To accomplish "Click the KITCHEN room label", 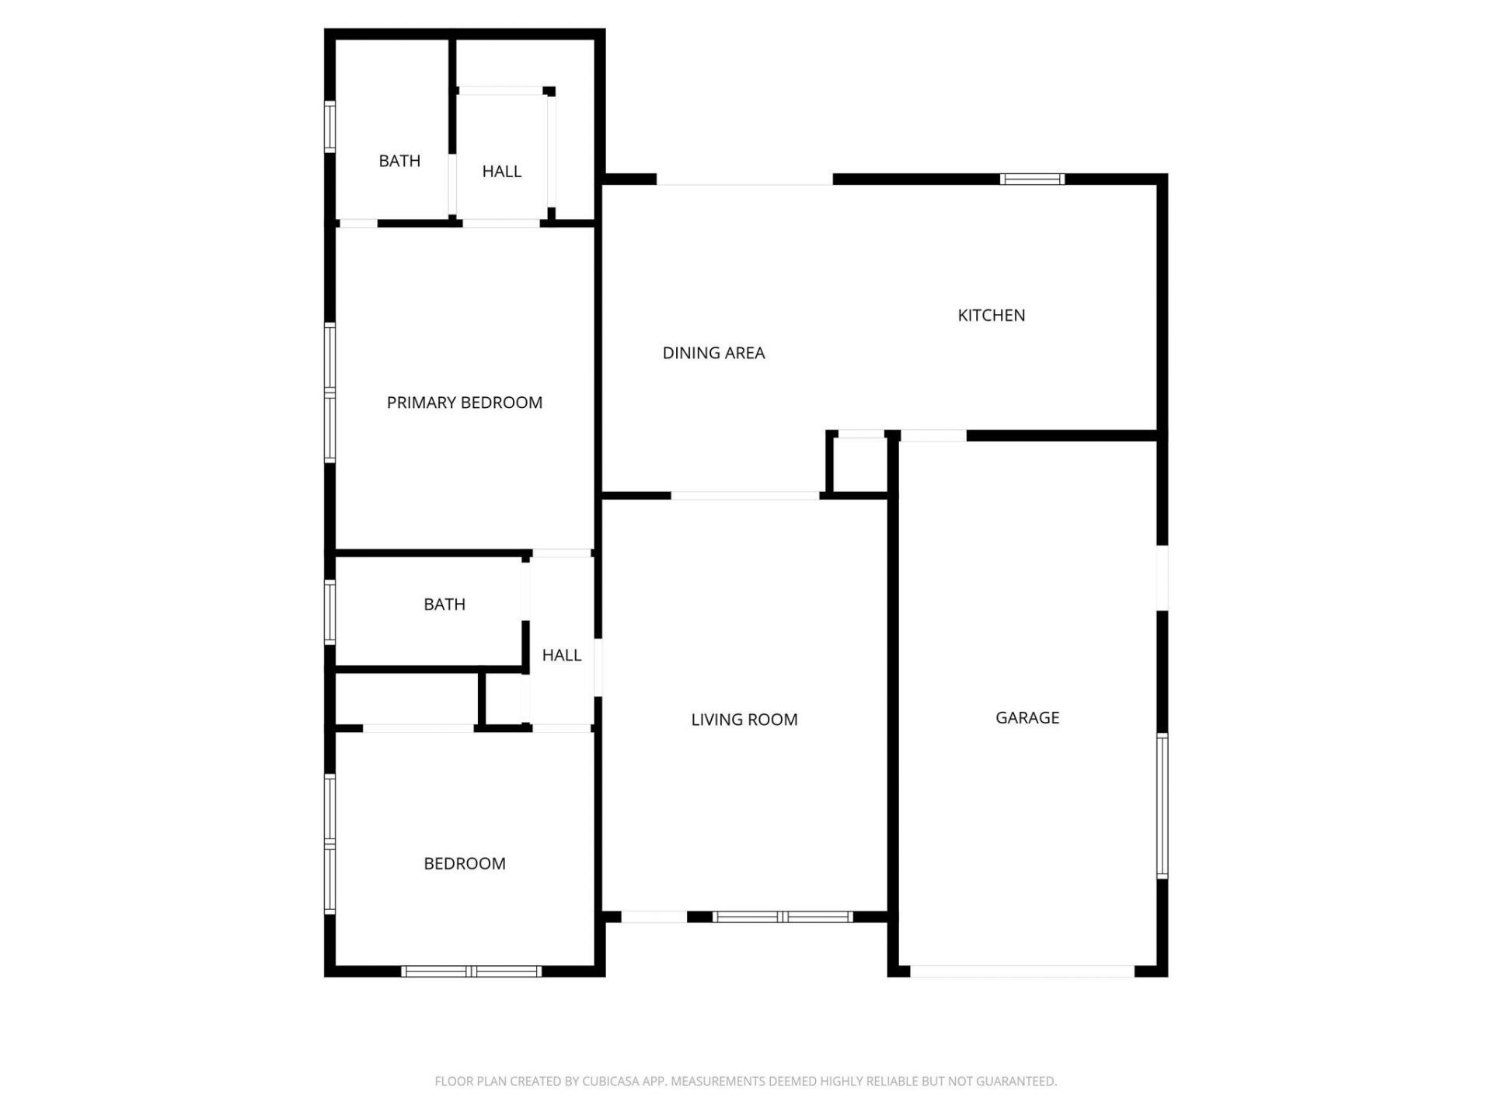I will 991,315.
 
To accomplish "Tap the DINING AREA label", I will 713,354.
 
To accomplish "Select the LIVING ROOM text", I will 744,720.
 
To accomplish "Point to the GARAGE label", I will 1027,718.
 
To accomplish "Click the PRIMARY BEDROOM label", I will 464,403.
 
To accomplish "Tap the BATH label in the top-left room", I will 399,162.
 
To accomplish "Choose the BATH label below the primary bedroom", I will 444,605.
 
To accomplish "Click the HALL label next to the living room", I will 561,656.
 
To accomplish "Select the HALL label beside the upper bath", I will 501,172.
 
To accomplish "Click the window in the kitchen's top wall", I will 1032,180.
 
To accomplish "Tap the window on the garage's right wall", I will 1162,805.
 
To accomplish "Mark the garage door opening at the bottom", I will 1022,971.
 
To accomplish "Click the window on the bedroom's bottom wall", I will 472,971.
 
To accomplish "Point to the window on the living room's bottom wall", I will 783,917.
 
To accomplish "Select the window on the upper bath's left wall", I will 329,126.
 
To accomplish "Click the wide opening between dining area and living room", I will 744,496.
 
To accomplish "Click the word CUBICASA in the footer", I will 609,1081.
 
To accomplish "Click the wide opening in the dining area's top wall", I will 744,180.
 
